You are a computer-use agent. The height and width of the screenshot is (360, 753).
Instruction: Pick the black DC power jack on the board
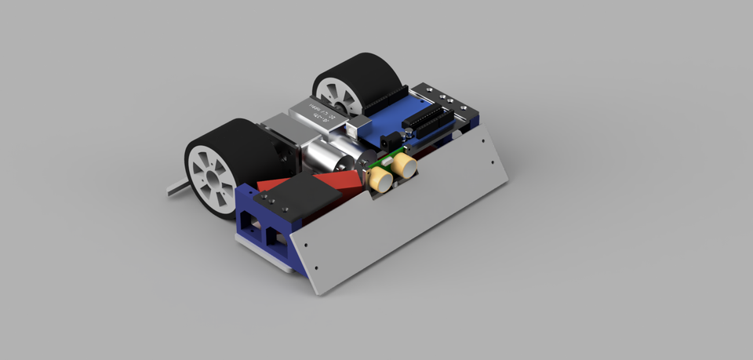(390, 141)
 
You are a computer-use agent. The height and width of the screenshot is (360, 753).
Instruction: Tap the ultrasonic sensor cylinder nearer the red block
(380, 179)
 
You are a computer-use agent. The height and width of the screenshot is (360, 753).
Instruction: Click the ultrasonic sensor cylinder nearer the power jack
(405, 164)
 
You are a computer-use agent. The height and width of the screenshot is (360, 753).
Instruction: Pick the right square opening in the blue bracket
(275, 236)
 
